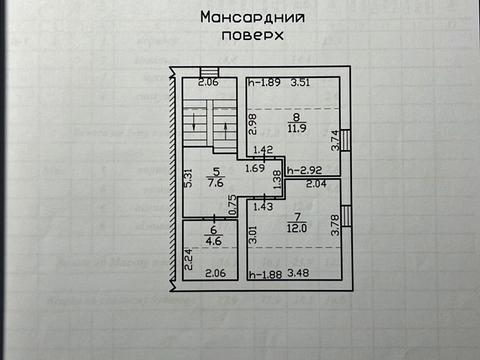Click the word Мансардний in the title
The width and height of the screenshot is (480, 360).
point(252,17)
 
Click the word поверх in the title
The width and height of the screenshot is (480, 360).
point(252,33)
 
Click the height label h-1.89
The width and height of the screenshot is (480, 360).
point(264,83)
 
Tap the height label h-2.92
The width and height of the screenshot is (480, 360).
point(304,171)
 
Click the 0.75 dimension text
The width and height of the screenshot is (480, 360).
point(231,205)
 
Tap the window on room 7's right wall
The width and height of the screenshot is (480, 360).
point(345,216)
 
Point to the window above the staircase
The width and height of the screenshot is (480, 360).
point(208,72)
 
